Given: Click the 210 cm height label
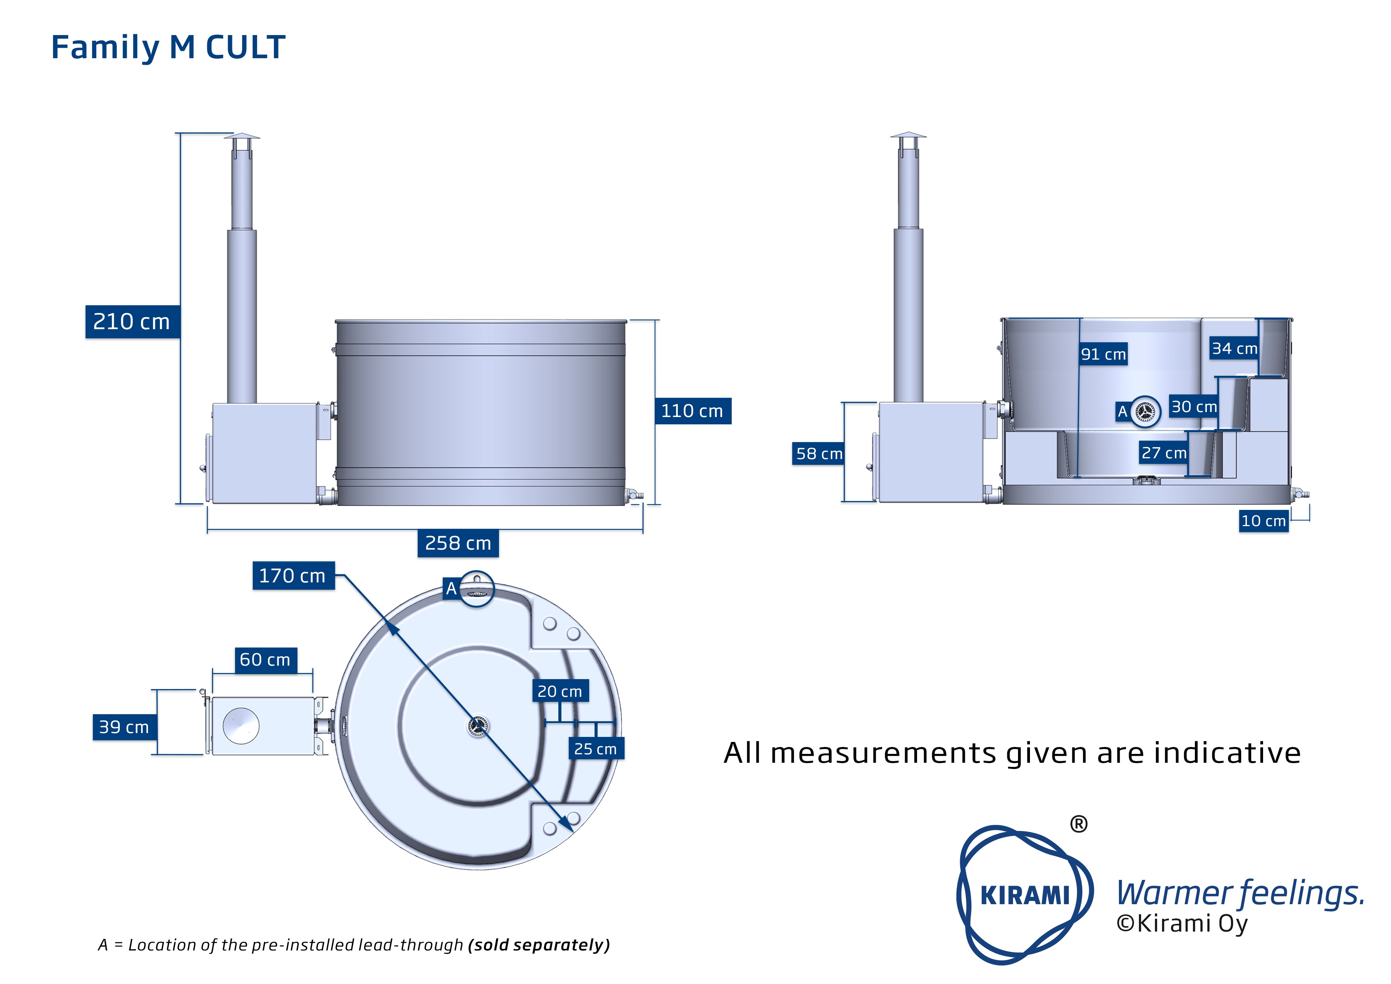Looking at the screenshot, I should [132, 322].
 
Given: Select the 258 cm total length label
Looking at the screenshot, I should [458, 543].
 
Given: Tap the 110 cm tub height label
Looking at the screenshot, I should [692, 411].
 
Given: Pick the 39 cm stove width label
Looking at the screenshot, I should [124, 727].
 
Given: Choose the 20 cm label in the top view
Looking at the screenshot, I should [560, 691].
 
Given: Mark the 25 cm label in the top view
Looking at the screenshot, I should [596, 749].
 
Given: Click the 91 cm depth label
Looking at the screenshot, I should [1103, 355].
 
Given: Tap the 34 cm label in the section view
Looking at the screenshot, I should [1234, 348].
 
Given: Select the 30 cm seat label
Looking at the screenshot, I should [1193, 407].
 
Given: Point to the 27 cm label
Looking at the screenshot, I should [1164, 452].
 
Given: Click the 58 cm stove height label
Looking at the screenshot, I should [818, 453].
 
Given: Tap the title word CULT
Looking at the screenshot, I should [245, 47].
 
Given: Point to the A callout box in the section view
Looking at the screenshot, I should [1122, 411].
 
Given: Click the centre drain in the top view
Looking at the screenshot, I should [477, 725].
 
